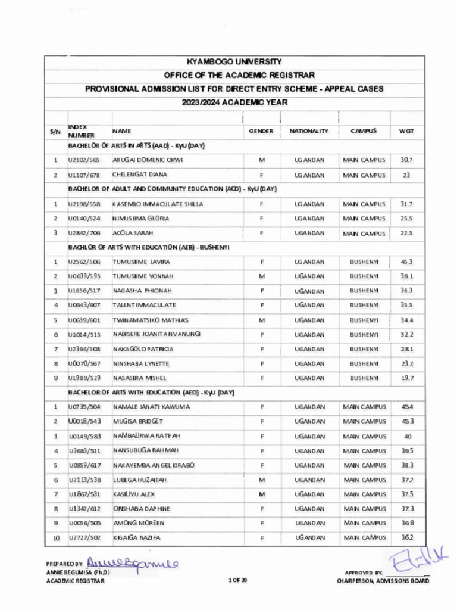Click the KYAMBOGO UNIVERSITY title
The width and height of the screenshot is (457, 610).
coord(234,62)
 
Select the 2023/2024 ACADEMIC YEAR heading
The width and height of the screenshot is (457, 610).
coord(234,102)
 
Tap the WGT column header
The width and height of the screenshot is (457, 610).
coord(407,131)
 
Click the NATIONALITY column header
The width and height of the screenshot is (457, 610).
coord(309,131)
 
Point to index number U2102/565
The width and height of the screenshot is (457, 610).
coord(84,160)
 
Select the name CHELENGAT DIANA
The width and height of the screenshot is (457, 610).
coord(140,175)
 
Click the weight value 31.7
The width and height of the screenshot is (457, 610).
coord(406,204)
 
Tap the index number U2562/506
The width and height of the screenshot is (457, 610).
coord(84,262)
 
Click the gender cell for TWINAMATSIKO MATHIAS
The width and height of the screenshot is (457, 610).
coord(262,320)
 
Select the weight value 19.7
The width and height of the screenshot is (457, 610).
coord(406,378)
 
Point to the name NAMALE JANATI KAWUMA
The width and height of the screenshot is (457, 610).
coord(151,407)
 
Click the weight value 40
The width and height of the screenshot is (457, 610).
coord(407,437)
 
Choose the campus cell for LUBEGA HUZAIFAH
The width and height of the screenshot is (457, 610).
coord(364,480)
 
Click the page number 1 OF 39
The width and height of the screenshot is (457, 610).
coord(237,580)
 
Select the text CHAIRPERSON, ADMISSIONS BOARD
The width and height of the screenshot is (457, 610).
coord(382,581)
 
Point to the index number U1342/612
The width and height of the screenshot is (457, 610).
coord(84,509)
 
